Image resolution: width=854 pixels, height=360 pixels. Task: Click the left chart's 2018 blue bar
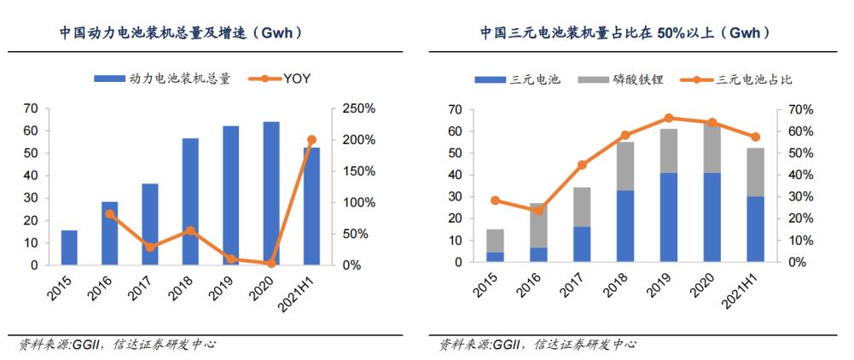(x=189, y=201)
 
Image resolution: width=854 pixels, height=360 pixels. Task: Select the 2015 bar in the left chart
(x=69, y=247)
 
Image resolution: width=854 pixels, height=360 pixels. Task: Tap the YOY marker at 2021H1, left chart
(x=311, y=140)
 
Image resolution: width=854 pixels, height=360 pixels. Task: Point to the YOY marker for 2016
(x=110, y=214)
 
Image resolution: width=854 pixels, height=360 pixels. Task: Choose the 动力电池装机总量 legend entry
(x=162, y=78)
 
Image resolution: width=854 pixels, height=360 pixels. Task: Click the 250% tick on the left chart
(x=356, y=108)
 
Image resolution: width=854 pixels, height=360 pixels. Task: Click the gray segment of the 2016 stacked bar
(x=538, y=225)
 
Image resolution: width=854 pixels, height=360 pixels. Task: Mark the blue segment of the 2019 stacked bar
(x=669, y=218)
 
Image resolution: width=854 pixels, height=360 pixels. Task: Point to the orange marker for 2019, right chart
(x=669, y=119)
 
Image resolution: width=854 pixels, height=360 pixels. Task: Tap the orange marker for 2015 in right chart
(x=495, y=200)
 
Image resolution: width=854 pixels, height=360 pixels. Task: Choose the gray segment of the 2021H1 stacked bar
(x=756, y=171)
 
